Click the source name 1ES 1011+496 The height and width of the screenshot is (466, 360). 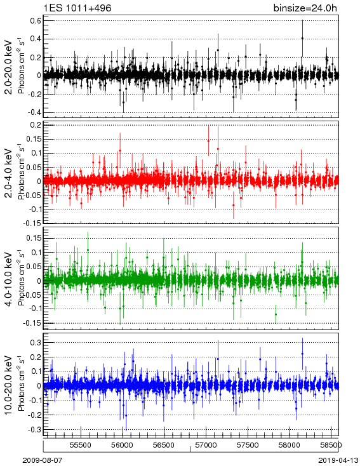point(77,8)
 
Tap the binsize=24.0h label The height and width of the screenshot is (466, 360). point(305,8)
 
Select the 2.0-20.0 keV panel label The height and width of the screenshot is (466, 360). point(9,67)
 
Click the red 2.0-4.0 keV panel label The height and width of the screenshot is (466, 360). point(9,173)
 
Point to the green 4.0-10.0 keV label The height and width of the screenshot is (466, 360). point(9,279)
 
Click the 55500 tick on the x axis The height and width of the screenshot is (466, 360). point(81,445)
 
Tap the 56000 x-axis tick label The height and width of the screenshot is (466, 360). point(123,445)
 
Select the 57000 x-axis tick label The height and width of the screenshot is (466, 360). point(206,445)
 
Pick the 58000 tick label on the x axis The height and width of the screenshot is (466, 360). point(290,445)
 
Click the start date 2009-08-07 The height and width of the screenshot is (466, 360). point(43,460)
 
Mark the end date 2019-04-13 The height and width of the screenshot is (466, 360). point(338,460)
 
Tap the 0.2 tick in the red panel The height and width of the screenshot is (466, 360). point(36,125)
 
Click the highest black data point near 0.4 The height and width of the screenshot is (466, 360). point(302,38)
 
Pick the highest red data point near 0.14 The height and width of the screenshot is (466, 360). point(208,141)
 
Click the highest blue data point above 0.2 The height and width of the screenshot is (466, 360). point(302,354)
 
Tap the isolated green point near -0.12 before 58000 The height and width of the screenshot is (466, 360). point(276,314)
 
